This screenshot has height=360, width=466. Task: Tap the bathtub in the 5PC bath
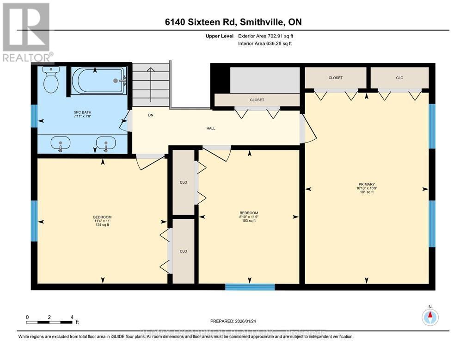(99, 81)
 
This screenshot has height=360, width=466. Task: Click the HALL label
(211, 129)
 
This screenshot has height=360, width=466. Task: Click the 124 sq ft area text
(102, 225)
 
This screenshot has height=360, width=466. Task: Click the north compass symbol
(430, 317)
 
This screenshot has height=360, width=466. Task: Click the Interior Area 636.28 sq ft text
(264, 43)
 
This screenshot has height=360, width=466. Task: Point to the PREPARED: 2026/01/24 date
(233, 321)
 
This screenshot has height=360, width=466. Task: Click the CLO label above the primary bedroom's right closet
(399, 78)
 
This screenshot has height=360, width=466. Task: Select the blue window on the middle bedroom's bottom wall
(250, 287)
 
